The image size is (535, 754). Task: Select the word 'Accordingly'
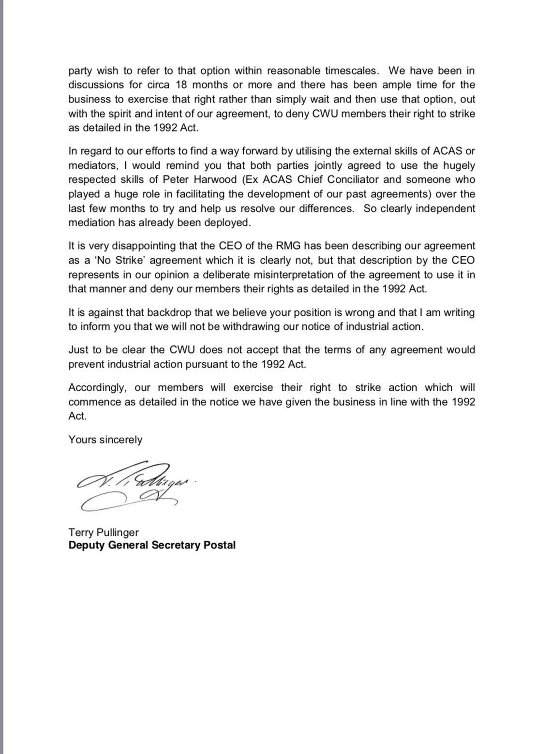click(97, 388)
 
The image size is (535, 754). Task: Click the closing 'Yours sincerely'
click(105, 440)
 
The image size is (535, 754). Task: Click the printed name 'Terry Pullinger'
click(104, 532)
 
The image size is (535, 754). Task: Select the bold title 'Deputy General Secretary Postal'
click(152, 546)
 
